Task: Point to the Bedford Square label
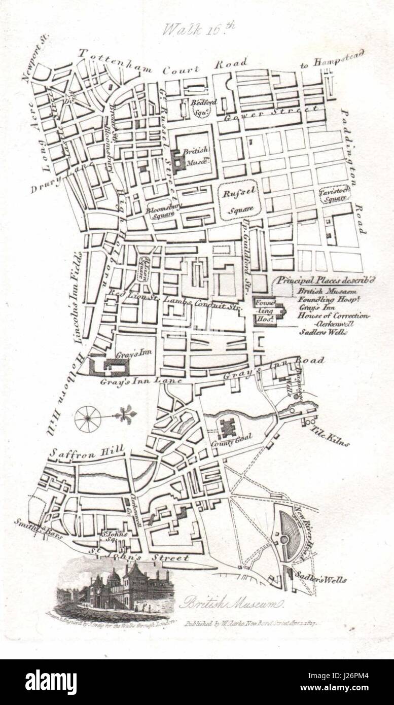203,105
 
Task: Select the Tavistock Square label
335,195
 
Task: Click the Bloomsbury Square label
160,210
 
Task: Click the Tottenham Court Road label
162,63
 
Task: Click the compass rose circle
88,418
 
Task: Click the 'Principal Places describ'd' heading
325,280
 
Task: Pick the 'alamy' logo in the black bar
51,682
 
